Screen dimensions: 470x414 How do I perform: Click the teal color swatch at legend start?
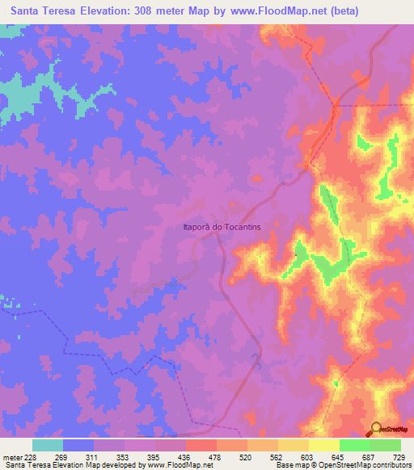(x=48, y=445)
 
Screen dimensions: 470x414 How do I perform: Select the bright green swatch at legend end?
(x=386, y=445)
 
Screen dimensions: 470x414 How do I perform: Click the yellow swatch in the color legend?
(x=324, y=445)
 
